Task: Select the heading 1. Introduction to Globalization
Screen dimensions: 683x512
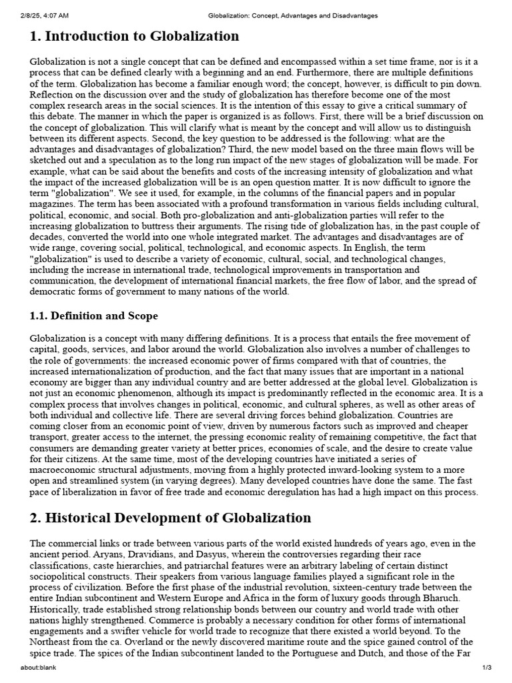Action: [134, 36]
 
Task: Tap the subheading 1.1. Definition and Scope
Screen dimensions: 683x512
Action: [94, 315]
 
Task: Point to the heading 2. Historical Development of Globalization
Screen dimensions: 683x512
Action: [170, 518]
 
